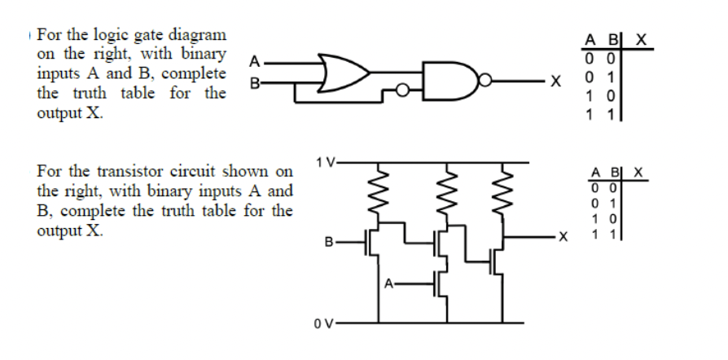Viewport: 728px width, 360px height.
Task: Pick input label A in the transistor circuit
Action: [389, 283]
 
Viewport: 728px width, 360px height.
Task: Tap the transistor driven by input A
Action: [440, 283]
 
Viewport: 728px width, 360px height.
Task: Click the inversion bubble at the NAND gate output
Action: [486, 80]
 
